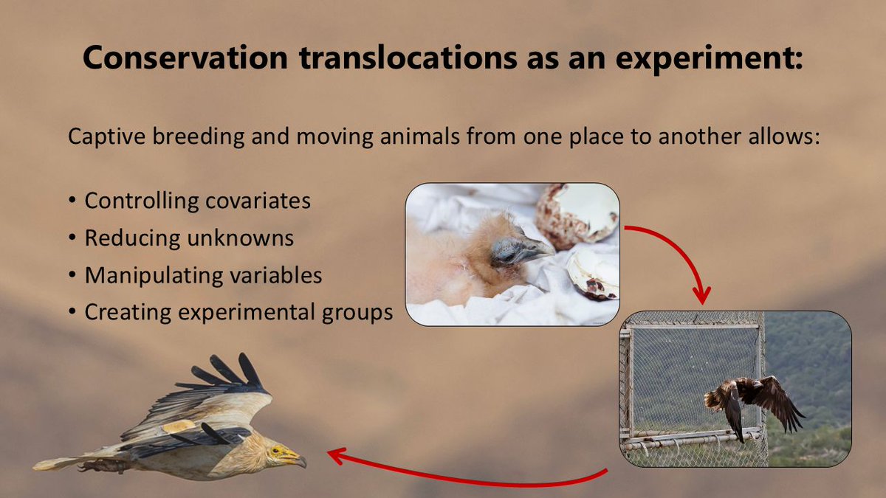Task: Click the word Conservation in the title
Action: [x=185, y=58]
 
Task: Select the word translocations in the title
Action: [x=408, y=58]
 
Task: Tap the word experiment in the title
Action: [x=704, y=59]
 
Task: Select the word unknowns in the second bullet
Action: [x=241, y=238]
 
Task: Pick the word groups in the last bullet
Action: [x=357, y=313]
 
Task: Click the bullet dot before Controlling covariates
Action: [x=72, y=201]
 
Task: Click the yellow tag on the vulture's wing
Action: [x=179, y=426]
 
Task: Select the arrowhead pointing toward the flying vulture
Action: [x=337, y=456]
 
